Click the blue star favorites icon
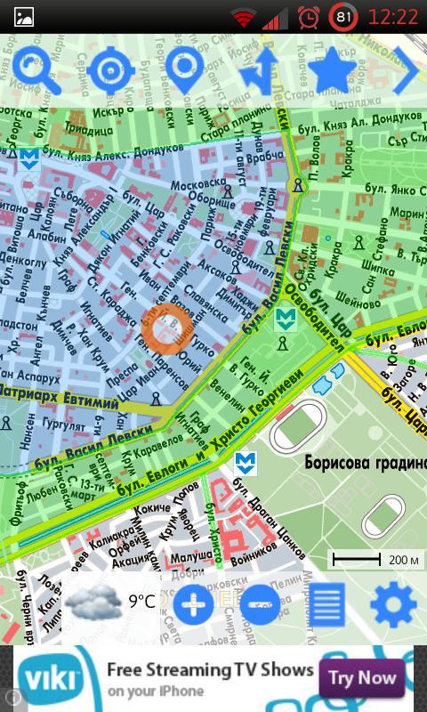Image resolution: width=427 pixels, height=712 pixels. click(332, 70)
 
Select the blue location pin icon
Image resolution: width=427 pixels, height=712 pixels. click(184, 72)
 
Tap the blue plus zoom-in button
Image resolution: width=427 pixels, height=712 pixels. click(193, 604)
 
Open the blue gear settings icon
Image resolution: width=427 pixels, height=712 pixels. click(392, 605)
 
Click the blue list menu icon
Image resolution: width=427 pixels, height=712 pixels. click(328, 605)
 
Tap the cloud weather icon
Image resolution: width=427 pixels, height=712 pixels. click(92, 603)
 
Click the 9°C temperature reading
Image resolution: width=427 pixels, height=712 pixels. click(141, 602)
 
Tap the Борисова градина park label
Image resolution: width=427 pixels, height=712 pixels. click(365, 463)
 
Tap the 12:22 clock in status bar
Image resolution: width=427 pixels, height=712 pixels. click(392, 17)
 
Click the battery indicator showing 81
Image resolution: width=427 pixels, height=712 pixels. click(343, 17)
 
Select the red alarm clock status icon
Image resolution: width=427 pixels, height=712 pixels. click(309, 17)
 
